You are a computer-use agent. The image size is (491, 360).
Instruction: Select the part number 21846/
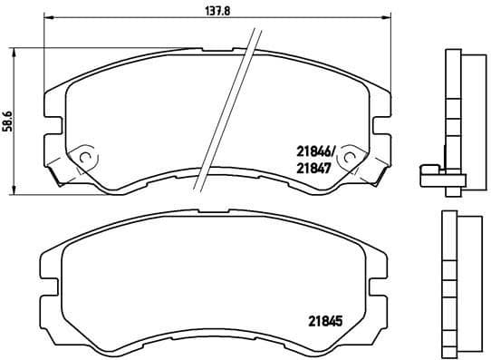click(316, 151)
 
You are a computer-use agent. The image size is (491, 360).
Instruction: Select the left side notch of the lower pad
click(43, 273)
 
